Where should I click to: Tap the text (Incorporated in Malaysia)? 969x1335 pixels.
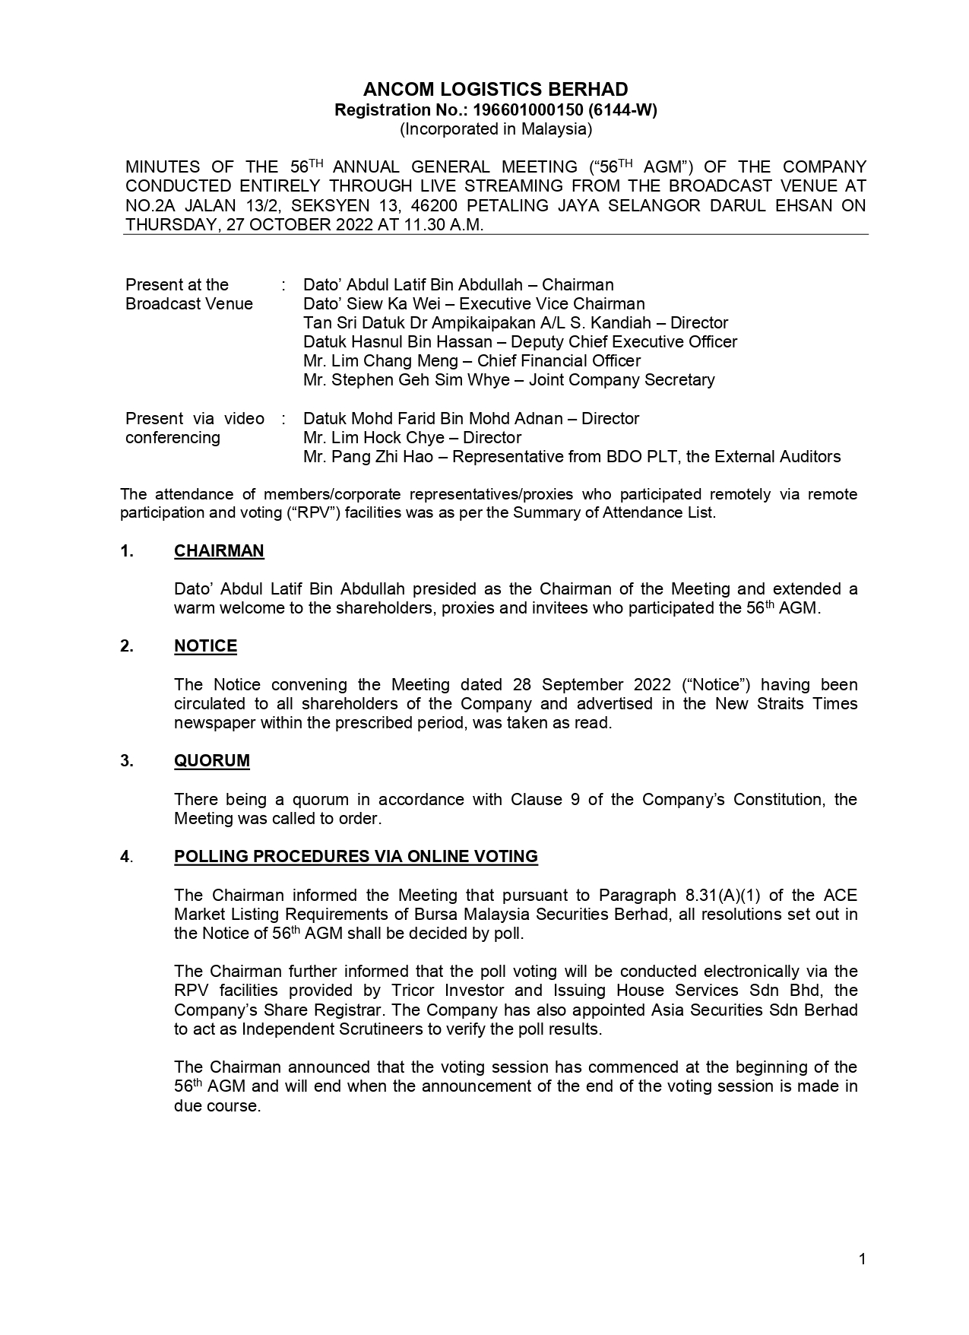(x=496, y=128)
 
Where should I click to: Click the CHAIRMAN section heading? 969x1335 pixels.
(x=219, y=551)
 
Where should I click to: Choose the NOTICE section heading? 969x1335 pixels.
(x=205, y=646)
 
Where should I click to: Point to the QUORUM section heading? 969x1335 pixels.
(x=211, y=761)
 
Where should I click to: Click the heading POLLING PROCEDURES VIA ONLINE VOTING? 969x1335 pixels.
(x=356, y=857)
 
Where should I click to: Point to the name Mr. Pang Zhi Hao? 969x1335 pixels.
(x=367, y=457)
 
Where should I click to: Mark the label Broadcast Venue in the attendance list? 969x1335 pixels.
(x=189, y=304)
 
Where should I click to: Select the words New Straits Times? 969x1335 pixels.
(x=786, y=704)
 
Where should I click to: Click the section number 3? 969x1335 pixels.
(x=126, y=761)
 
